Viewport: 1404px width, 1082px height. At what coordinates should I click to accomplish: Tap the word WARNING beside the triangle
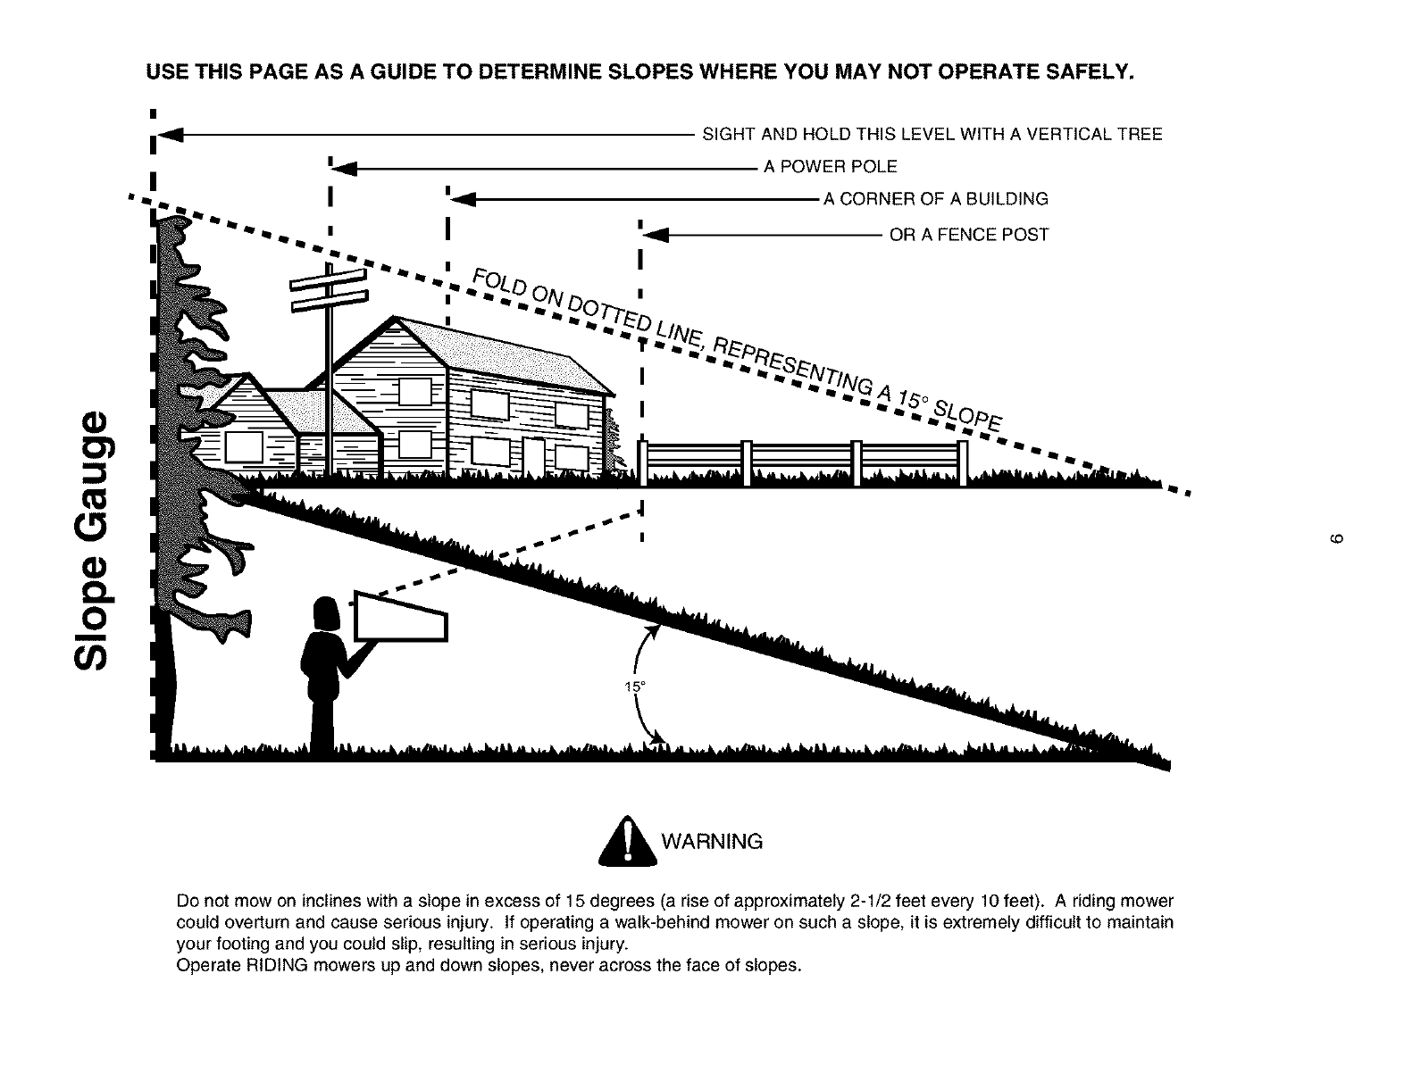(x=712, y=842)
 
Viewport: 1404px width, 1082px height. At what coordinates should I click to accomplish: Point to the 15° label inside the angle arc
(x=634, y=687)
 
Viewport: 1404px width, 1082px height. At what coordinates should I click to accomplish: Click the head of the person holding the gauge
(x=324, y=614)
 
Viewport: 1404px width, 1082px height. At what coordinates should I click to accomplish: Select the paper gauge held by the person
(x=401, y=617)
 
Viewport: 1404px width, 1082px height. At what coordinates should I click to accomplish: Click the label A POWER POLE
(x=831, y=167)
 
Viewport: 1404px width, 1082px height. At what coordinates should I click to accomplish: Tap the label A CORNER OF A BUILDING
(x=936, y=199)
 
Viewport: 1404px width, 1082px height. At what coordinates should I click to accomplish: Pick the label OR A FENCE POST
(x=969, y=235)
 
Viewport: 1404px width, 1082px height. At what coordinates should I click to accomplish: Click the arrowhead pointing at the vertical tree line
(x=171, y=135)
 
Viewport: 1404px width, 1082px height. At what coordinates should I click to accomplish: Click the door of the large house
(x=533, y=459)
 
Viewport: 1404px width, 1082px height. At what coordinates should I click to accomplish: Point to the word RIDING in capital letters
(x=272, y=965)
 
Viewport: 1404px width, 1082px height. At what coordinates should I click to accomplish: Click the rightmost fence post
(x=962, y=463)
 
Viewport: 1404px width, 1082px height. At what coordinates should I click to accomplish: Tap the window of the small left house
(x=243, y=449)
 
